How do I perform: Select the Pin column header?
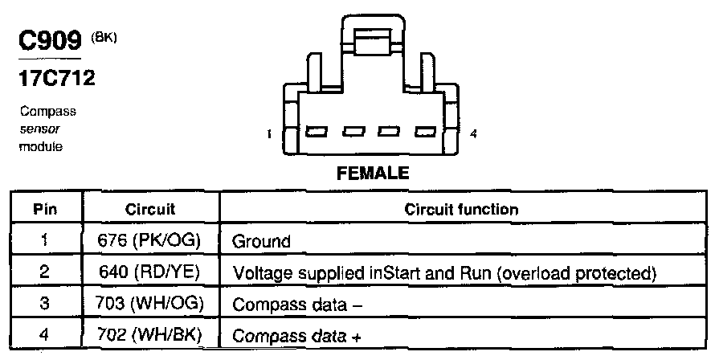(x=45, y=209)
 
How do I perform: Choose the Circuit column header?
(x=150, y=209)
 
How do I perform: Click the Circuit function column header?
(x=460, y=209)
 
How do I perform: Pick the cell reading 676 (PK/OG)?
(x=150, y=239)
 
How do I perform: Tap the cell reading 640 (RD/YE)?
(x=150, y=272)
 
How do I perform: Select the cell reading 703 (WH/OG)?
(x=150, y=305)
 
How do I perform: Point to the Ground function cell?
(x=261, y=240)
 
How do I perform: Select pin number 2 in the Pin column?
(x=45, y=272)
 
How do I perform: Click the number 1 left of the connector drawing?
(x=270, y=134)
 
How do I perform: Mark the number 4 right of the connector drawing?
(x=474, y=134)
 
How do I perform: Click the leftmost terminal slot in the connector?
(x=314, y=131)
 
